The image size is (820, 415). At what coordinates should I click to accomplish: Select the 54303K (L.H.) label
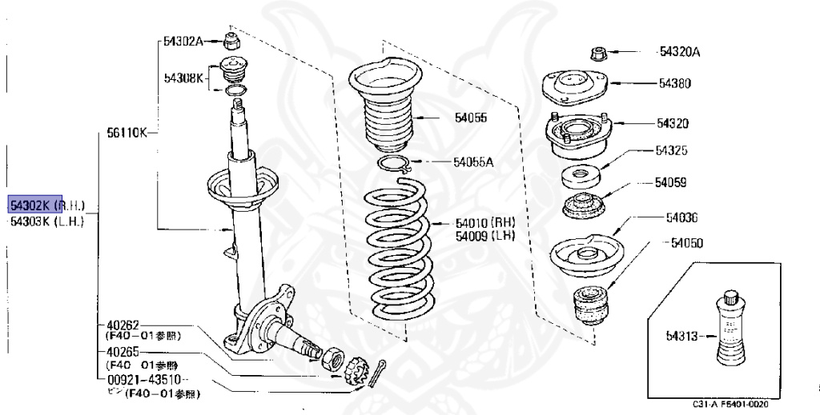click(46, 222)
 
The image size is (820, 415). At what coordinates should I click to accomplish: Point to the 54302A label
click(183, 41)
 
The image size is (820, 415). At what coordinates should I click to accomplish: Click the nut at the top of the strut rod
click(232, 42)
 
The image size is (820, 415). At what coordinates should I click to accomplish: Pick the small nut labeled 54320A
click(597, 54)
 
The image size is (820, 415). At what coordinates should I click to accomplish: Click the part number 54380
click(675, 82)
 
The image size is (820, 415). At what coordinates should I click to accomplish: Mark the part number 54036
click(681, 217)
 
